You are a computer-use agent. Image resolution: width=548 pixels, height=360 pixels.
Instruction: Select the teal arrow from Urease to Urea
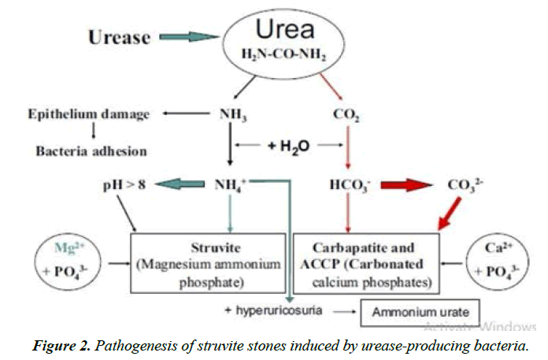pyautogui.click(x=185, y=37)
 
